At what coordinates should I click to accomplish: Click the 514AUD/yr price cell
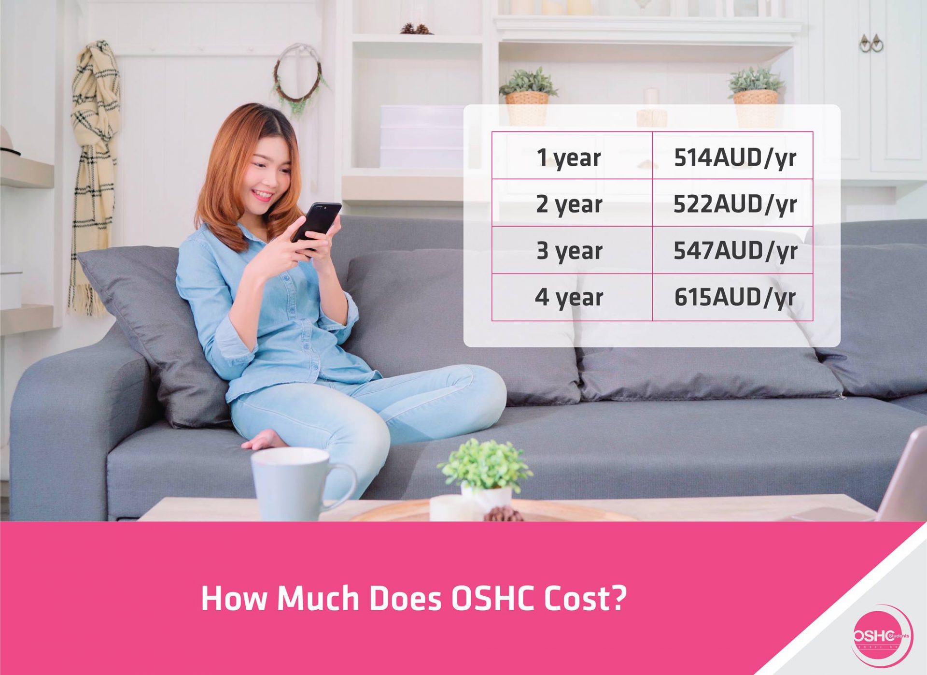734,157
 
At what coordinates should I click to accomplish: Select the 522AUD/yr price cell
734,204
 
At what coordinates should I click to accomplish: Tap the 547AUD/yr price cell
734,250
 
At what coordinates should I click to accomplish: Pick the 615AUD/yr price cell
734,297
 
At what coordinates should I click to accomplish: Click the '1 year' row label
569,158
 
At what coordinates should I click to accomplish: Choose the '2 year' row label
569,204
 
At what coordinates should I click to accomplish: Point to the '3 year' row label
569,250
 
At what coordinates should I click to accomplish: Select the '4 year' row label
569,297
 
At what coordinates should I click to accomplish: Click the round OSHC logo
882,635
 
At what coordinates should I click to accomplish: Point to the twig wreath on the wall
297,77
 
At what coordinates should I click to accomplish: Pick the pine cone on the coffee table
502,514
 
